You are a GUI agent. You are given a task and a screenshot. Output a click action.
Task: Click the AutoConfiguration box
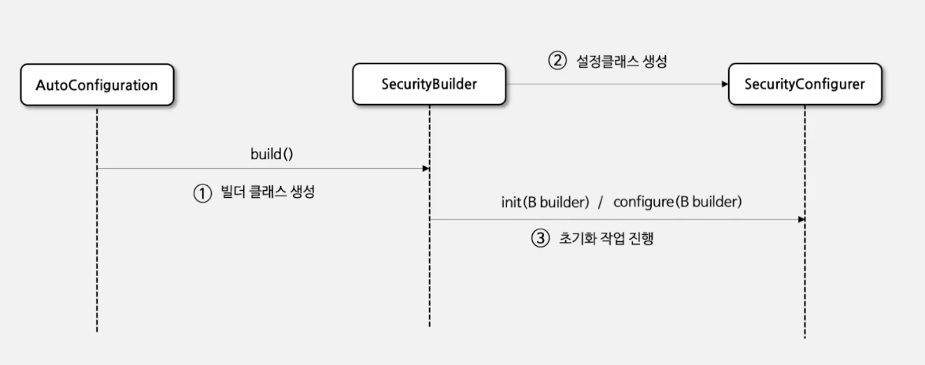click(97, 84)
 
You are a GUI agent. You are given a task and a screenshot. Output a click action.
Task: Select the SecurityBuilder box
click(429, 84)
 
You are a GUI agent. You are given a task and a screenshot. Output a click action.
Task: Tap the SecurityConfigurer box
click(805, 84)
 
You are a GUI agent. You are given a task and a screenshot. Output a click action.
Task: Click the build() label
click(272, 154)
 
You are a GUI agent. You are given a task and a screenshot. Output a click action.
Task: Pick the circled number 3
click(539, 239)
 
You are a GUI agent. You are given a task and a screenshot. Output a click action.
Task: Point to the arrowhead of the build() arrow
click(425, 169)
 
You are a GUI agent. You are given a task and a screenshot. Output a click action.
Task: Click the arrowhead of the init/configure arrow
click(801, 219)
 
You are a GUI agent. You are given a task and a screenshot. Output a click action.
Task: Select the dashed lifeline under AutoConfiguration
click(97, 252)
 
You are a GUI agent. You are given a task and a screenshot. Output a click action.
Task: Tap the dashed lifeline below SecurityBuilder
click(429, 276)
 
